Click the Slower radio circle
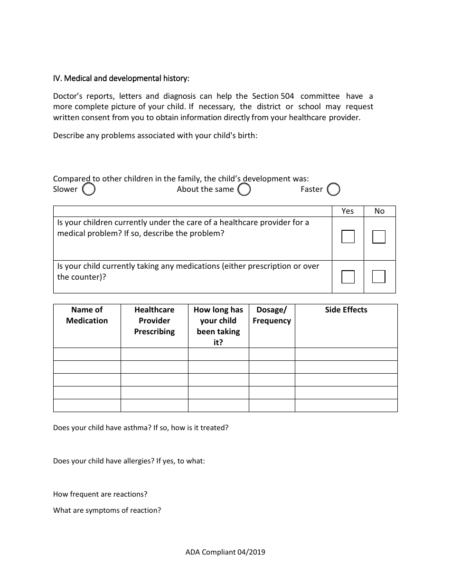click(x=89, y=189)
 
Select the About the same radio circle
click(x=244, y=189)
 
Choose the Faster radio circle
click(x=334, y=189)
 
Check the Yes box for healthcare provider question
click(x=348, y=236)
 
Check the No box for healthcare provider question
click(x=379, y=236)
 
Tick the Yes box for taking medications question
click(x=348, y=276)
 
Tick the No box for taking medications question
click(x=379, y=276)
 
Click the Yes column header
click(x=348, y=211)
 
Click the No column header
click(x=379, y=211)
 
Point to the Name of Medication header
click(x=87, y=315)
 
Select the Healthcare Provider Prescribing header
click(x=154, y=320)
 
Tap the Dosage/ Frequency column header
click(x=272, y=315)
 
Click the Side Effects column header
click(x=346, y=310)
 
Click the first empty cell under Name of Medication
click(x=87, y=354)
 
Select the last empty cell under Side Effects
click(x=346, y=405)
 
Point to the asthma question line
click(x=141, y=428)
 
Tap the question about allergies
click(x=129, y=461)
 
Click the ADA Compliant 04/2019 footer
click(x=225, y=552)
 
